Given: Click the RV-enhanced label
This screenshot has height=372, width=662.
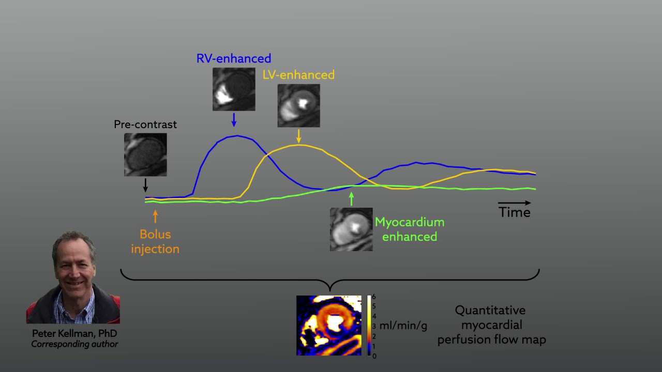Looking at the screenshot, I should point(234,58).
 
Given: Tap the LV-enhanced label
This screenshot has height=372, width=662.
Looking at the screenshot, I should point(298,75).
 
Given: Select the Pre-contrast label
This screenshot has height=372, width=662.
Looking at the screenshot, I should point(145,125).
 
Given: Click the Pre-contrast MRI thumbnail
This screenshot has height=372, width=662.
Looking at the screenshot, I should point(145,154).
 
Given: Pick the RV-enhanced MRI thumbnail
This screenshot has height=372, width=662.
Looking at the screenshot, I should point(234,89).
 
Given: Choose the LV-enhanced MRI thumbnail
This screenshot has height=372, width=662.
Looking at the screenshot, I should point(298,105).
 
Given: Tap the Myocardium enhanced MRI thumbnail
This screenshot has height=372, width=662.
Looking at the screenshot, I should point(351,229).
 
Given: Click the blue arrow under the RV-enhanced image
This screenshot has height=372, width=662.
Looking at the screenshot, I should point(234,120).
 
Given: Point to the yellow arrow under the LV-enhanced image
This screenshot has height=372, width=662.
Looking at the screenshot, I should point(298,136).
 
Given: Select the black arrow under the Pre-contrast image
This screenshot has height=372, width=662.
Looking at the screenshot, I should point(145,184).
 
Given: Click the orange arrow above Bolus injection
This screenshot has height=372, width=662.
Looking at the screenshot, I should point(155,216).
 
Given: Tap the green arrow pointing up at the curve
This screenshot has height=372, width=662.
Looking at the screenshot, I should point(352,199).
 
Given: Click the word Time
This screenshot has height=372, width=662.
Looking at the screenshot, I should point(515,212).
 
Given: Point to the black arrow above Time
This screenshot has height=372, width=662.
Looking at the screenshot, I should point(515,203).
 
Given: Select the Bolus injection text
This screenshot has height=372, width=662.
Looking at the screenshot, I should point(155,241).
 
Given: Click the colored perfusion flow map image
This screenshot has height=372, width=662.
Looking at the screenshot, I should point(328,326).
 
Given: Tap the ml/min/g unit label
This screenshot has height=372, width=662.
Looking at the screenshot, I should point(403,326).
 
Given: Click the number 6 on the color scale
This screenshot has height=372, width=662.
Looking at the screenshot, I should point(374,297).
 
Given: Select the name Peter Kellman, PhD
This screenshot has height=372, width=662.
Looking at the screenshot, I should point(74,333).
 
